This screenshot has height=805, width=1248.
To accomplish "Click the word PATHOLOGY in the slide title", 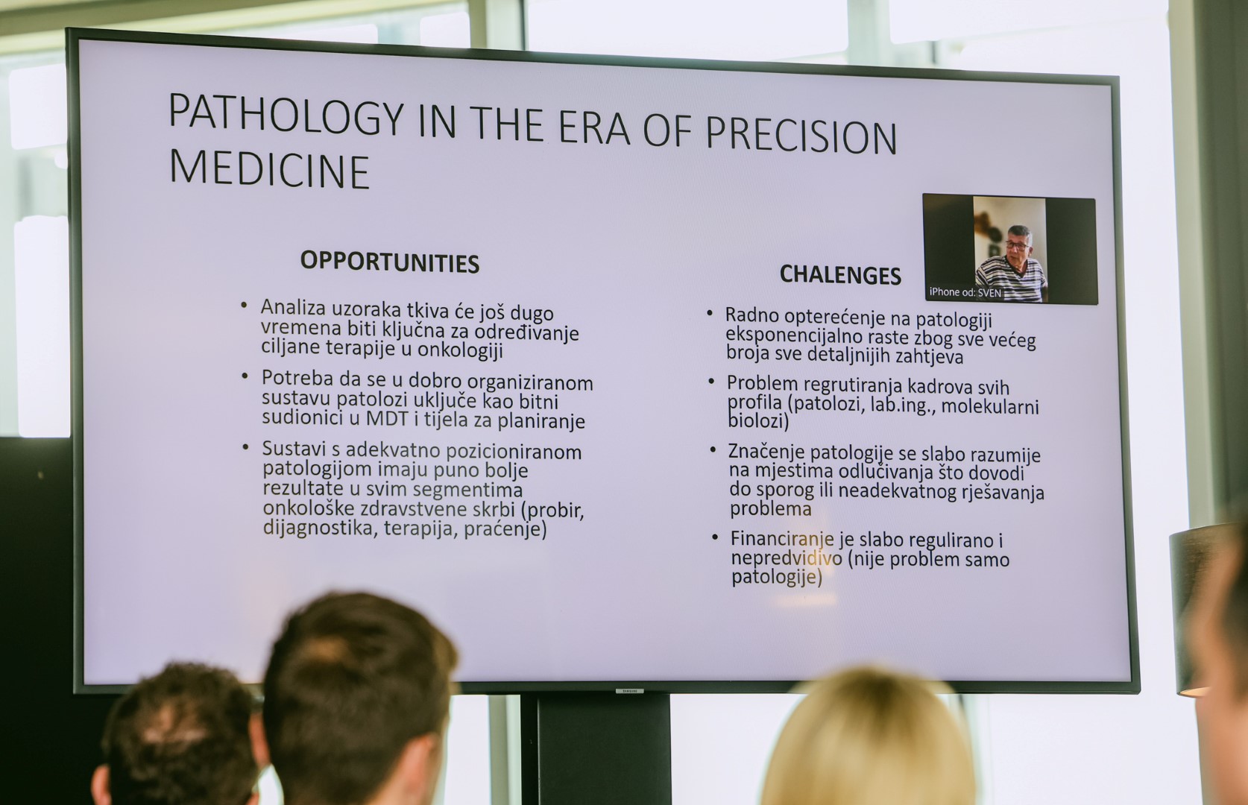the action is (x=286, y=116).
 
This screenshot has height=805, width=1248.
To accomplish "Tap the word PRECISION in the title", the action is (x=801, y=136).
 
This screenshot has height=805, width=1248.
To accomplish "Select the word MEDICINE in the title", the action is (x=269, y=169).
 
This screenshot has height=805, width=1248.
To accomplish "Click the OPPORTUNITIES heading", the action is (x=389, y=262).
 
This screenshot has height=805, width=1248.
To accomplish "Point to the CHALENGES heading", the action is (x=840, y=274).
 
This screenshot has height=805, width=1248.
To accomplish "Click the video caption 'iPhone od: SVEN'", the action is (x=965, y=292).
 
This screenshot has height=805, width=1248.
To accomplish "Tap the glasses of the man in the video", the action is (x=1018, y=244).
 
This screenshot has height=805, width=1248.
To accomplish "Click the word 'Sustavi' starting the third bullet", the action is (x=294, y=449).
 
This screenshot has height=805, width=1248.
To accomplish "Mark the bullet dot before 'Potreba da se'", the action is (x=245, y=376).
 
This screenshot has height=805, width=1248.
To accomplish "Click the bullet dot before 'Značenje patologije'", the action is (x=713, y=449).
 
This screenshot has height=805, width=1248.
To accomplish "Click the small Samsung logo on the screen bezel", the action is (x=629, y=691).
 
